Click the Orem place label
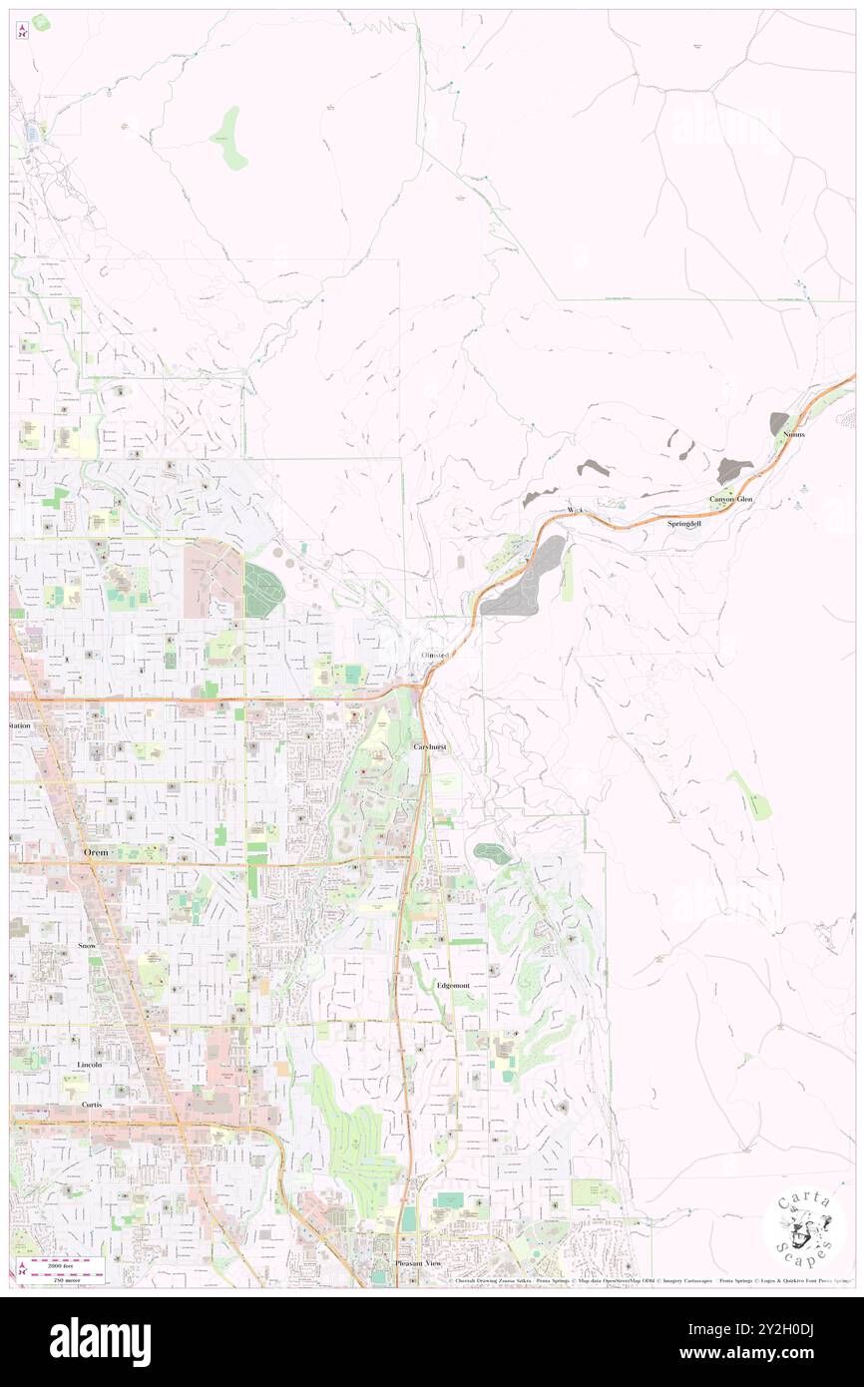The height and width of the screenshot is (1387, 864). tap(95, 852)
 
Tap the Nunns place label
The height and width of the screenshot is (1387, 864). tap(794, 435)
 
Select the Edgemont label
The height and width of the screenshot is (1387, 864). tap(453, 985)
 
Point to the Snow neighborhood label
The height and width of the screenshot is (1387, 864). tap(87, 943)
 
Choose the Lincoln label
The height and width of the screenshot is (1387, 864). tap(90, 1065)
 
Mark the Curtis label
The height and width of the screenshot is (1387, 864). tap(93, 1106)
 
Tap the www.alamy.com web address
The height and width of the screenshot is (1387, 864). tap(778, 1353)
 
